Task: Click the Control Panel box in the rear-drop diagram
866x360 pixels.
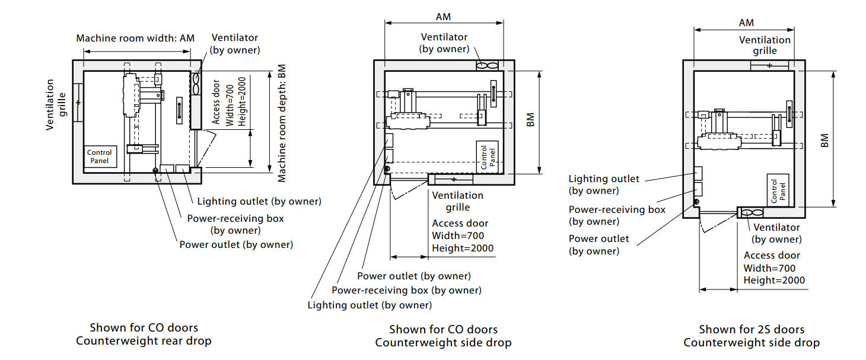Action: [100, 157]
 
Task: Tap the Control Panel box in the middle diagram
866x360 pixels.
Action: [486, 157]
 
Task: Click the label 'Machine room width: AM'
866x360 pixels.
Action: [135, 39]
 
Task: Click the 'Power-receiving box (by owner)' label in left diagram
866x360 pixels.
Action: [235, 224]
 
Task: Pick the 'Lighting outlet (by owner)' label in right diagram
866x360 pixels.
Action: [604, 184]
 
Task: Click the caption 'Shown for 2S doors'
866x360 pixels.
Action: [752, 329]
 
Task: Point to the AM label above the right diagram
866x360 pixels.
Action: [746, 23]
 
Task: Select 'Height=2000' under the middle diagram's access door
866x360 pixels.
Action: [463, 249]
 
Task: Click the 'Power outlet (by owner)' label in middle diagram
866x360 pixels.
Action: [414, 276]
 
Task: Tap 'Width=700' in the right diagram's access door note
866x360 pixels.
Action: [769, 268]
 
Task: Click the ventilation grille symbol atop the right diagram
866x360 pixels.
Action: [769, 65]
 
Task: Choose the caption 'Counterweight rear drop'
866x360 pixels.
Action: [144, 340]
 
